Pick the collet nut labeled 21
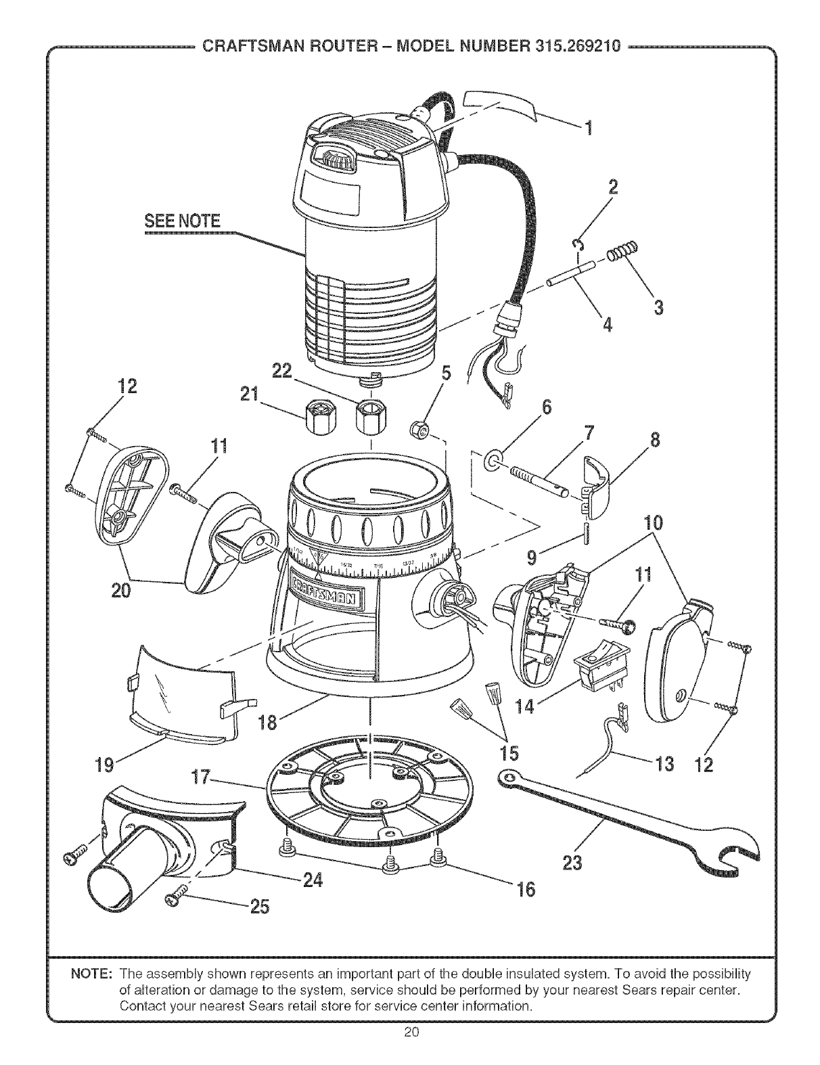pyautogui.click(x=321, y=417)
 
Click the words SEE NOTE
pyautogui.click(x=182, y=221)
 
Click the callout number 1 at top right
pyautogui.click(x=589, y=129)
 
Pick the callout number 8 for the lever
pyautogui.click(x=655, y=441)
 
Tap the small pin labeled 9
pyautogui.click(x=586, y=532)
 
